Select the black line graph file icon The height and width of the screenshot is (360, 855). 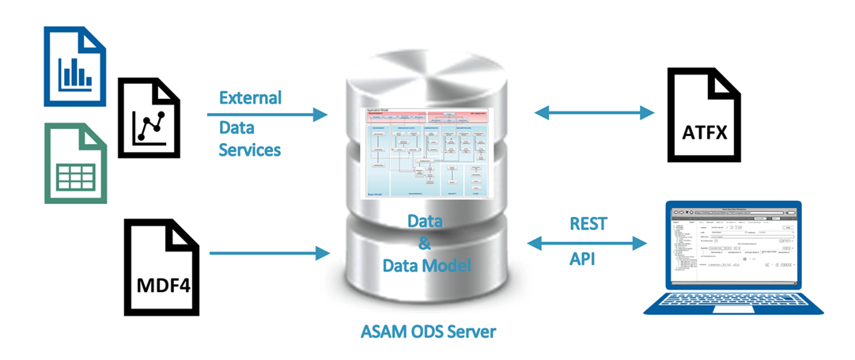[149, 116]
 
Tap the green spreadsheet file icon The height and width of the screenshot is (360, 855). [74, 162]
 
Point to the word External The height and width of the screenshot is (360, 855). [250, 98]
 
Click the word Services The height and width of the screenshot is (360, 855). [249, 149]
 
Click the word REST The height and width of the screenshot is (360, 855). [588, 224]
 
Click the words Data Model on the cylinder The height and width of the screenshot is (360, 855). [427, 266]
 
